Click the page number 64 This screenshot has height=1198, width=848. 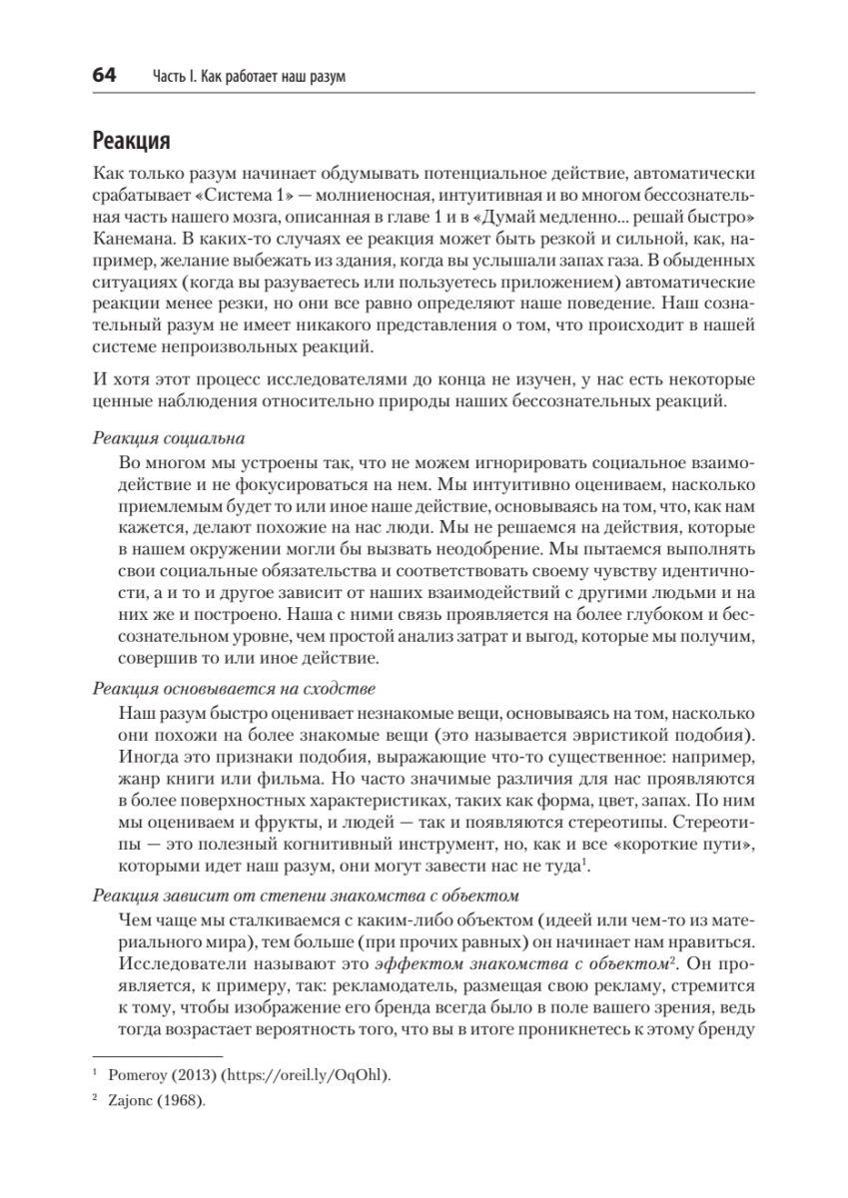pos(105,76)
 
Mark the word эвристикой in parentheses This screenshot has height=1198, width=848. pos(602,734)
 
